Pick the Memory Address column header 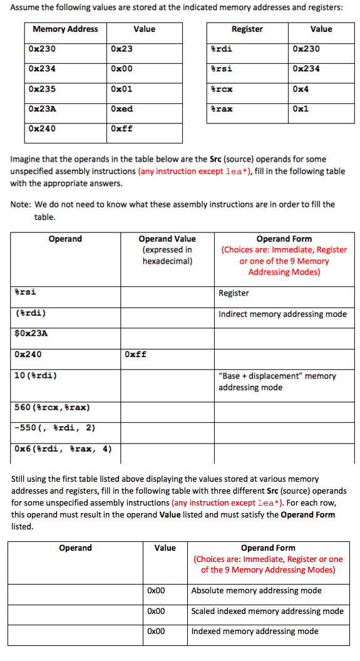(65, 29)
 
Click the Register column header (247, 29)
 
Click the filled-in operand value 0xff (136, 354)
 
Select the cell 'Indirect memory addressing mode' (282, 314)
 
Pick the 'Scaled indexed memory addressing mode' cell (267, 611)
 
